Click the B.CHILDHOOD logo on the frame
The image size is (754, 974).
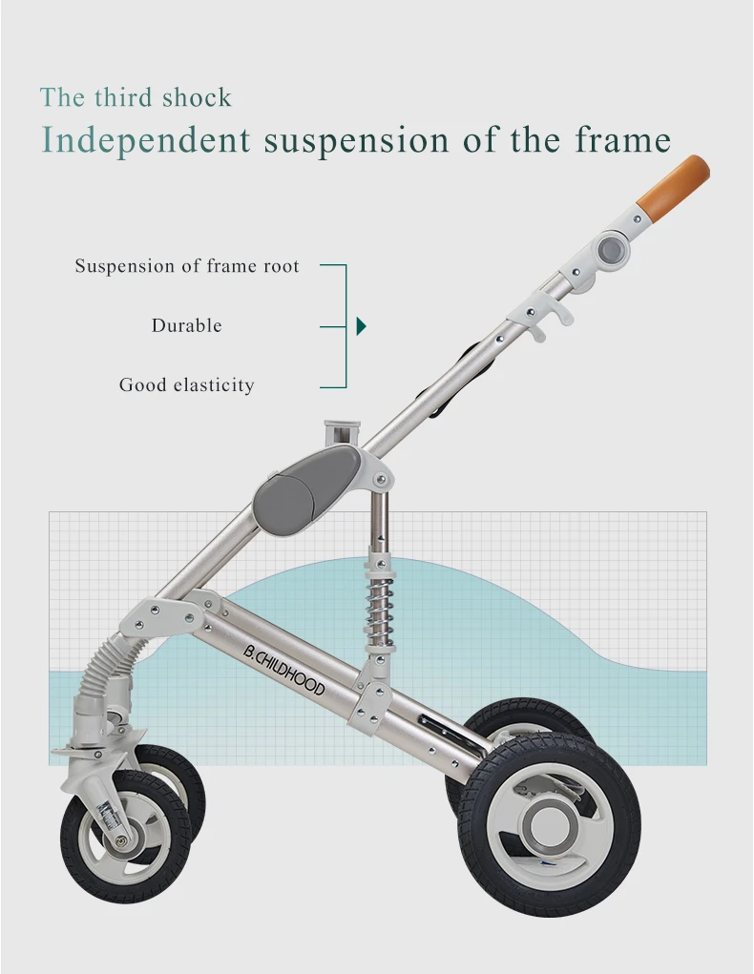(283, 672)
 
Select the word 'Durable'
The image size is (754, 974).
(186, 325)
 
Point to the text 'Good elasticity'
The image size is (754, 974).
(186, 385)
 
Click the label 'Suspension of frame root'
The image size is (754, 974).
(187, 266)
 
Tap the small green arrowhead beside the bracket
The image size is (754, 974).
(361, 326)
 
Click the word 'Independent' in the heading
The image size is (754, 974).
(145, 140)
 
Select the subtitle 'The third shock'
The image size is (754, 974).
(136, 97)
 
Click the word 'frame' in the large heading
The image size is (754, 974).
(622, 140)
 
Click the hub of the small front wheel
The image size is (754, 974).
(123, 839)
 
